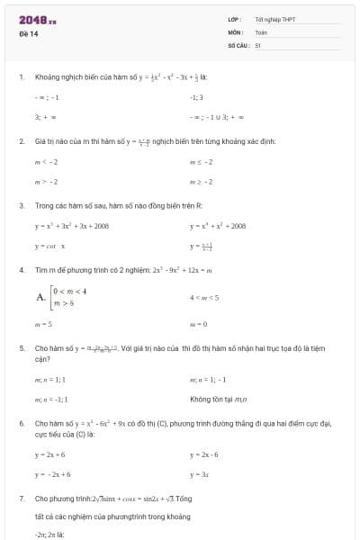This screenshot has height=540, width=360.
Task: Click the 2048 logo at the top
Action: click(37, 19)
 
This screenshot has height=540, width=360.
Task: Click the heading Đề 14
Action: click(25, 32)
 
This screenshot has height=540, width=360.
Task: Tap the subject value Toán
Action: click(261, 31)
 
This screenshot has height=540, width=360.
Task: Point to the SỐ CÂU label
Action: click(238, 44)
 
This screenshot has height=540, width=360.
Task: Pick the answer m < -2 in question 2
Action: click(46, 162)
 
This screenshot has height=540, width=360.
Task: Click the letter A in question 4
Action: click(40, 297)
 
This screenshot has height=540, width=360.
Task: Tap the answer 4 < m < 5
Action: click(202, 297)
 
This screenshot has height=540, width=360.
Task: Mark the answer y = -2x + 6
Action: click(53, 473)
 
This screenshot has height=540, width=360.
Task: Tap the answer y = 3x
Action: click(199, 473)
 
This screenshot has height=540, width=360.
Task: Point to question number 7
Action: click(21, 498)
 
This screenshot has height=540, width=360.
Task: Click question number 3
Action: click(21, 205)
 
